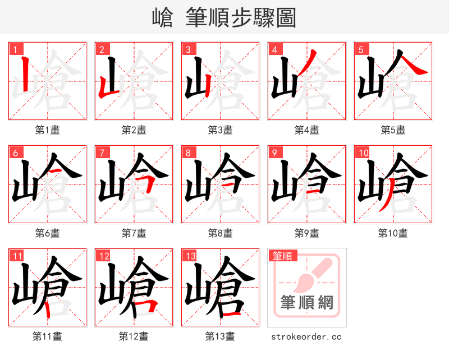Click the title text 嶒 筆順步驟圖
click(224, 18)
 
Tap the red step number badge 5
click(361, 49)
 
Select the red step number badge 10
click(363, 153)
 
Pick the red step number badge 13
click(190, 256)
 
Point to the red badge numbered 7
click(102, 153)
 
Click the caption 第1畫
click(47, 130)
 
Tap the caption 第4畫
click(306, 130)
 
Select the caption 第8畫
click(220, 233)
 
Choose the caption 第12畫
click(134, 336)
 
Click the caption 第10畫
click(393, 233)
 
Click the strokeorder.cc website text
click(306, 337)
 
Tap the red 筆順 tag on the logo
click(282, 256)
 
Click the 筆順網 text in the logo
click(306, 303)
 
